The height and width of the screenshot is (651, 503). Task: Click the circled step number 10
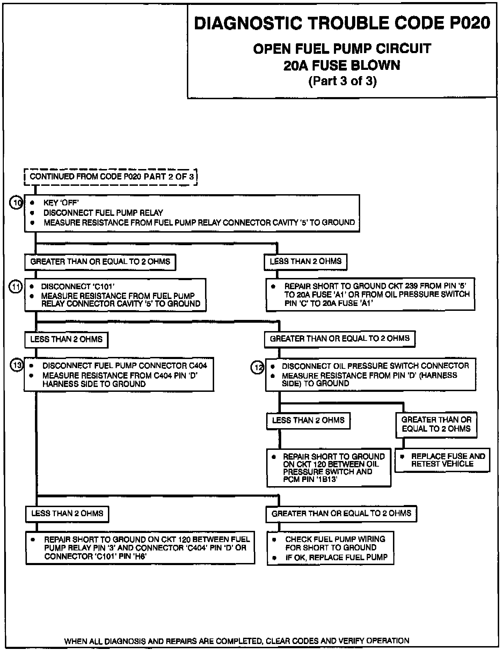(x=16, y=203)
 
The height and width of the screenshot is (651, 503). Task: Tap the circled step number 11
(x=16, y=287)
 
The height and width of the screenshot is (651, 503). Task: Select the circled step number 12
(x=258, y=367)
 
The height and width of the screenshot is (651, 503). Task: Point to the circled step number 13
(x=16, y=365)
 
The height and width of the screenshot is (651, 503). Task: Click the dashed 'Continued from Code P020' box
(x=111, y=177)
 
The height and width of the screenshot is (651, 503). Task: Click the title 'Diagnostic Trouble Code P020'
(x=342, y=23)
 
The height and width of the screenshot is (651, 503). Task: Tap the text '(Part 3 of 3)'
(x=342, y=81)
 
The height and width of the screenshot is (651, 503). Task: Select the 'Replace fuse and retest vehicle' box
(x=442, y=460)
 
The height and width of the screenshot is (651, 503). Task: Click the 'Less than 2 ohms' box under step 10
(x=305, y=262)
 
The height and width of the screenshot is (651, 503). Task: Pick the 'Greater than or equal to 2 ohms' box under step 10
(x=100, y=262)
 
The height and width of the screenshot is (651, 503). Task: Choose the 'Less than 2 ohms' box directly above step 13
(x=66, y=339)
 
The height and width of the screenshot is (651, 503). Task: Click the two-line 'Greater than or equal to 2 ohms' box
(x=436, y=424)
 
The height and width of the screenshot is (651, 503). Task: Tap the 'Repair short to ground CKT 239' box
(x=370, y=294)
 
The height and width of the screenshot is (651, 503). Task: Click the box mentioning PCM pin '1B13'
(x=329, y=468)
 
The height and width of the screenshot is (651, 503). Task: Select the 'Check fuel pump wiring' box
(x=330, y=548)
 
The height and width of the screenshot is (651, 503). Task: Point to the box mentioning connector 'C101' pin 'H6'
(x=140, y=548)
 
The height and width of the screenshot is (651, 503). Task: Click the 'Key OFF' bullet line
(x=61, y=203)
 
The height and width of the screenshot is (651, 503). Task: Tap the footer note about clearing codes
(x=237, y=641)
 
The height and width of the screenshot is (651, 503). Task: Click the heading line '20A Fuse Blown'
(x=342, y=65)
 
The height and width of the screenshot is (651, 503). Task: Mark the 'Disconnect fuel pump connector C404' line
(x=124, y=366)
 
